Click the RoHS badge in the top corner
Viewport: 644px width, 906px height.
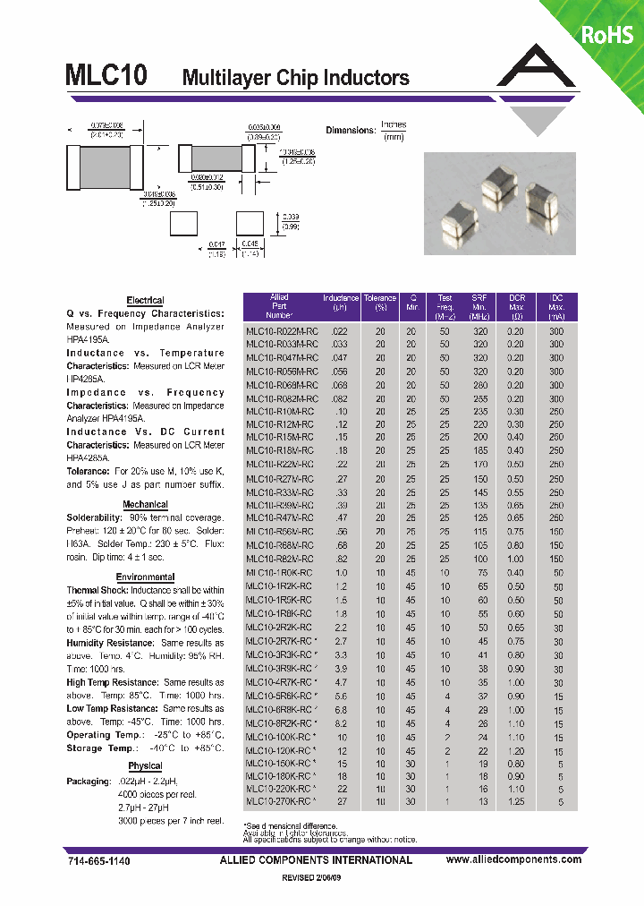(607, 35)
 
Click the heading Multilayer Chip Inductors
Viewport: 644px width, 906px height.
(295, 78)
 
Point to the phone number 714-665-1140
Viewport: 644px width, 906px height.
(98, 860)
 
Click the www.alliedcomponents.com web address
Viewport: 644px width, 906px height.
(513, 860)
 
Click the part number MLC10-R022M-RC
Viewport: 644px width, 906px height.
(281, 329)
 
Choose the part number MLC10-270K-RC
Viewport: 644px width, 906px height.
(278, 802)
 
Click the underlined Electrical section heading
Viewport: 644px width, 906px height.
(145, 301)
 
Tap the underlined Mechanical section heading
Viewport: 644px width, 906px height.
(145, 505)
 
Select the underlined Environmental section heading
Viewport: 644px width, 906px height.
(145, 577)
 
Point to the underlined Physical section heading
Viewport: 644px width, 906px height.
(145, 766)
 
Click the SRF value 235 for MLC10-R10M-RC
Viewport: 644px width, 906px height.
(479, 411)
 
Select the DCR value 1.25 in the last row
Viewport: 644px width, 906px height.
(516, 802)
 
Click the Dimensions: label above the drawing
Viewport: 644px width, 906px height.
(350, 131)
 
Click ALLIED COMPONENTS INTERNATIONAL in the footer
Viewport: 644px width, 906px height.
(316, 860)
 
